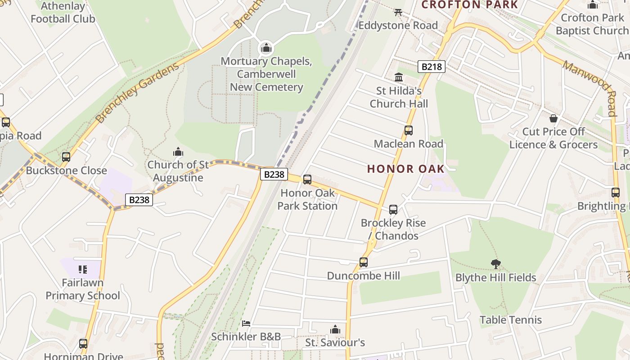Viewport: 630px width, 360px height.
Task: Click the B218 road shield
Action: pos(431,67)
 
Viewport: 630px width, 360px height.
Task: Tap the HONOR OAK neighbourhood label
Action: pos(406,169)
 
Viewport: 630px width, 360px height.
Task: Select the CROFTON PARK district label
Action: pos(469,5)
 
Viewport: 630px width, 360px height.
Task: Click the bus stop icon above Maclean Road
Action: pos(408,130)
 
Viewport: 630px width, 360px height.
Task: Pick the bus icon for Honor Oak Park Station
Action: pos(307,180)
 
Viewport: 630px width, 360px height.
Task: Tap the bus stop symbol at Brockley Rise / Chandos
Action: pos(393,210)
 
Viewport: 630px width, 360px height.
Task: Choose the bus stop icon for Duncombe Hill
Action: pos(363,262)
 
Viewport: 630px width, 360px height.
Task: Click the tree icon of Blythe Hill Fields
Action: pos(495,264)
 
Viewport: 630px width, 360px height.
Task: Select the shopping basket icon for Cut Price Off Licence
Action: pos(553,118)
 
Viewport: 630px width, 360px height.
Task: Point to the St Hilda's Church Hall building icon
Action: pos(399,77)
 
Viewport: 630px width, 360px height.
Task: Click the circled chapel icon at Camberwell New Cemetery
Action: pos(266,48)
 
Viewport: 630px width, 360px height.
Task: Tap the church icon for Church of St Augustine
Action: pos(178,152)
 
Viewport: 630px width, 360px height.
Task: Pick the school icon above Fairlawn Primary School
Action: pos(82,270)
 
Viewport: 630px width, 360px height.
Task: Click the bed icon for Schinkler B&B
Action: pos(246,323)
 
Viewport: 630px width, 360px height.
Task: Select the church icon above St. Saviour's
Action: pos(335,330)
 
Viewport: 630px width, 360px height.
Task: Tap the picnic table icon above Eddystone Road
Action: pos(398,12)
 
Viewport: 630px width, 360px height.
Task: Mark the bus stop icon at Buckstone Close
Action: pos(66,157)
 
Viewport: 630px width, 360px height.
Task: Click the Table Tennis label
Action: pos(510,320)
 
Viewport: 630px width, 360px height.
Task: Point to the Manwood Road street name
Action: pos(589,88)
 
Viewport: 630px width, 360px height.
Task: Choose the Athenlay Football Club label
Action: pos(63,13)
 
